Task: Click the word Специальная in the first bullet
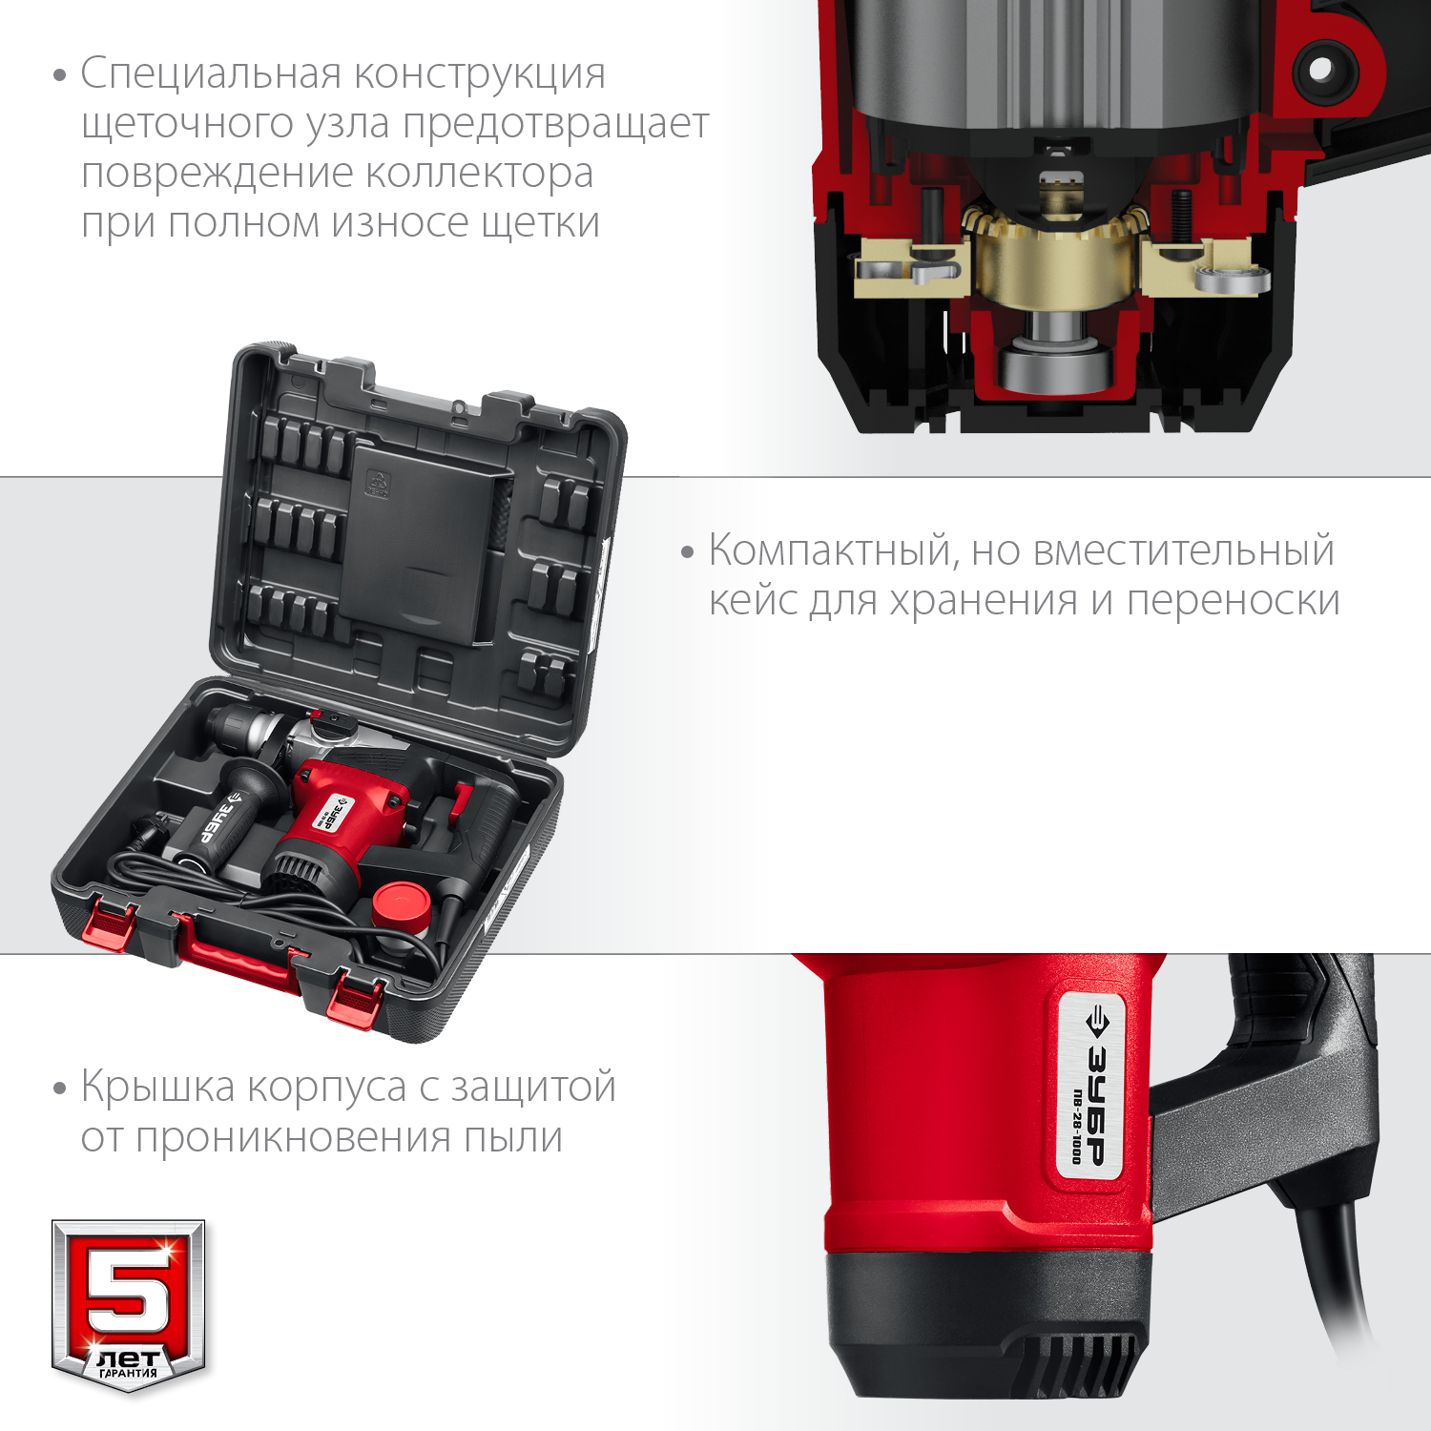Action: pyautogui.click(x=211, y=74)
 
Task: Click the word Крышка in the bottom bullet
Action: pyautogui.click(x=157, y=1088)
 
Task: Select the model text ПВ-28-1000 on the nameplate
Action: pyautogui.click(x=1076, y=1126)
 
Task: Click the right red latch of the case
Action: pyautogui.click(x=355, y=1002)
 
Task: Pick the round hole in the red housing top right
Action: pyautogui.click(x=1320, y=70)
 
